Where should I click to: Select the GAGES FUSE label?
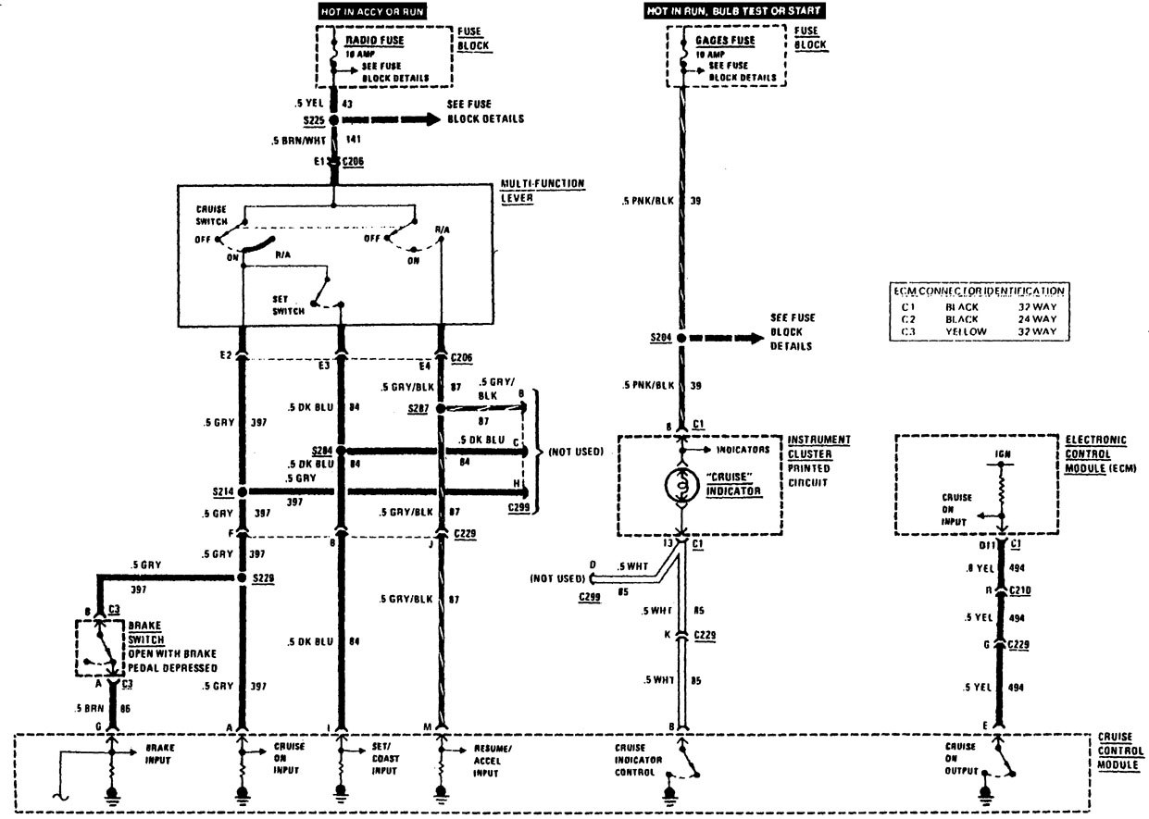[724, 41]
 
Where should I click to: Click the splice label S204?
[661, 339]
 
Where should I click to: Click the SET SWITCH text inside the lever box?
[287, 305]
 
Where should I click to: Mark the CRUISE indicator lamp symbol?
[681, 484]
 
